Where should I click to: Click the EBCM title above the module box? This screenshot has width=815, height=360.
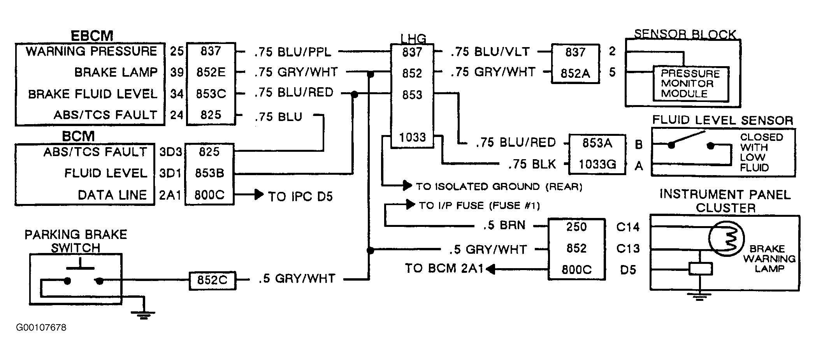pos(92,36)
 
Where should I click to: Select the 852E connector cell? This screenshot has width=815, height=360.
pos(211,72)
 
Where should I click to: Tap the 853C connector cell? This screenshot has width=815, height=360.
pos(211,94)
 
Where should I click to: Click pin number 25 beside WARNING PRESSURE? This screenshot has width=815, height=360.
pos(177,51)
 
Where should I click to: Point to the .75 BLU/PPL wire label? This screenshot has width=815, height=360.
pos(293,51)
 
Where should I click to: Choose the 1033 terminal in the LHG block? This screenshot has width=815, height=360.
pos(412,137)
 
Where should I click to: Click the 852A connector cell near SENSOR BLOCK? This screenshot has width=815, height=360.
pos(575,73)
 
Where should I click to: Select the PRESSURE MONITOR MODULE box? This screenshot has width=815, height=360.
pos(690,84)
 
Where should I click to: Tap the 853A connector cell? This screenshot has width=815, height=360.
pos(597,143)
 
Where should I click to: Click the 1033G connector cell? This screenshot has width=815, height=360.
pos(597,164)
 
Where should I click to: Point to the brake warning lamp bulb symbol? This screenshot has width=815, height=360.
pos(726,238)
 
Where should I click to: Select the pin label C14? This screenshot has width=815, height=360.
pos(628,227)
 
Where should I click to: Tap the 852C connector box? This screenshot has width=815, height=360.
pos(213,280)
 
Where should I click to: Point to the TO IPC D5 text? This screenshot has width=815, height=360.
pos(300,197)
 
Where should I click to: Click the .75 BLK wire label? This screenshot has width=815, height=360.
pos(532,164)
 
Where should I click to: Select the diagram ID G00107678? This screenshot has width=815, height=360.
pos(41,327)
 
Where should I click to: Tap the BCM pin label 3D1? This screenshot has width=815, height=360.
pos(170,173)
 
